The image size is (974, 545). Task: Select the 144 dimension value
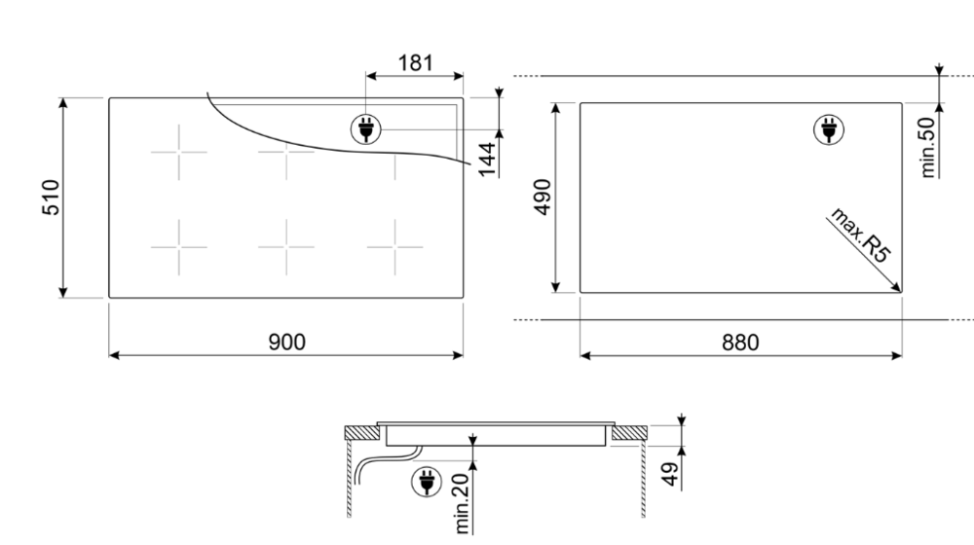point(487,158)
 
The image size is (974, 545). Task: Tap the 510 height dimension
point(51,198)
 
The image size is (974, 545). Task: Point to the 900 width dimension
point(286,342)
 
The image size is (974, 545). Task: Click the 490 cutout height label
point(543,198)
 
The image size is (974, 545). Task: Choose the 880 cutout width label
point(739,342)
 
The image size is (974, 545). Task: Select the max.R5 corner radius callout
point(862,237)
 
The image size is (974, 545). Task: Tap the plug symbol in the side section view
point(426,480)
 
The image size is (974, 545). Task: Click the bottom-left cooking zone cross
point(178,246)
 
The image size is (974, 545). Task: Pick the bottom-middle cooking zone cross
point(286,246)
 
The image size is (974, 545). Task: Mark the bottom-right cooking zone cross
point(394,246)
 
